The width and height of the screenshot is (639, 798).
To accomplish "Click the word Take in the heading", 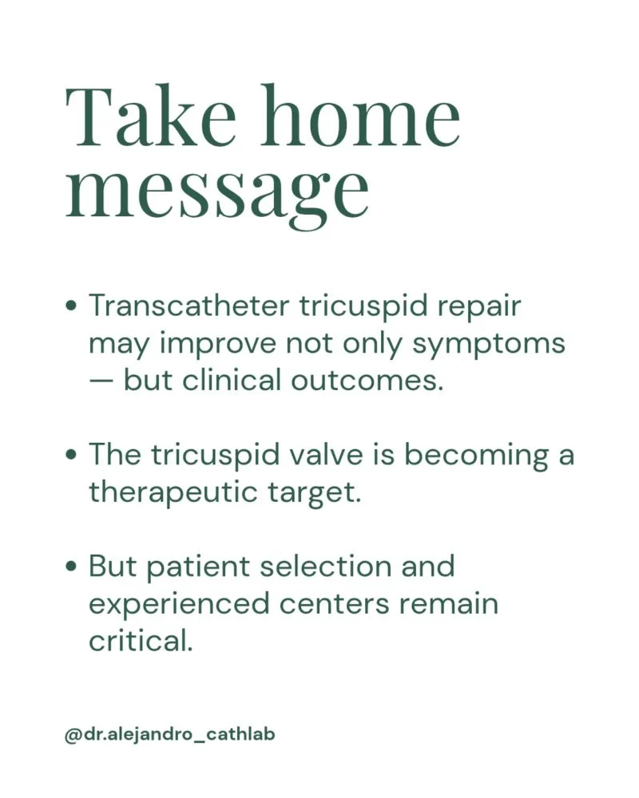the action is click(x=151, y=117).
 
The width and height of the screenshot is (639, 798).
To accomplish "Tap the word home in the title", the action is click(x=361, y=116).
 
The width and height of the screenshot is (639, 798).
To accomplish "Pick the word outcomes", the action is click(x=367, y=381).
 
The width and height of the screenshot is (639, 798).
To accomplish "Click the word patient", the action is click(x=199, y=567).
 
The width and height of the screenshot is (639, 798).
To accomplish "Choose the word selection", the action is click(x=326, y=567).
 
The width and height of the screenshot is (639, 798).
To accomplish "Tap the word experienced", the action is click(x=179, y=605).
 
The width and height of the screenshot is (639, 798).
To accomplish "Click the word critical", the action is click(x=141, y=641).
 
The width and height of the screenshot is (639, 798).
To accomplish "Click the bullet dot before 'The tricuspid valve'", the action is click(x=73, y=455).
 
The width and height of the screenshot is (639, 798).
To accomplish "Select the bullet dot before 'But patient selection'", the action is click(x=73, y=567).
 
